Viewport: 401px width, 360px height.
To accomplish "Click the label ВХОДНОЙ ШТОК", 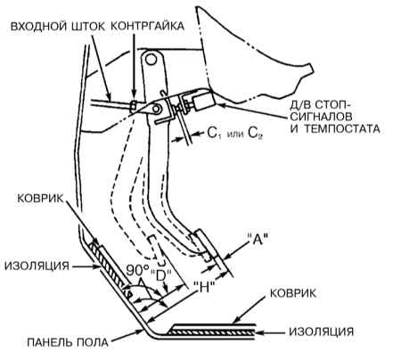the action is [58, 26].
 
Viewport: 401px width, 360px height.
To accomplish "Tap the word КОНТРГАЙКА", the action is [148, 26].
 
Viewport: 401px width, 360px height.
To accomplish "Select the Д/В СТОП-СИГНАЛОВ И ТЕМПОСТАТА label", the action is [335, 117].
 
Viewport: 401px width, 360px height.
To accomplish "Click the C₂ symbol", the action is [256, 134].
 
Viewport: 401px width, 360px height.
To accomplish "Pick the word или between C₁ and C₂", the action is [235, 135].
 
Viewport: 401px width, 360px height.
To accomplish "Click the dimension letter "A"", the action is [258, 239].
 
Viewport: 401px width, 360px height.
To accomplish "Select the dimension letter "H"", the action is [204, 288].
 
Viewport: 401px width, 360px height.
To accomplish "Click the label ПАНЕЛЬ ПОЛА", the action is [68, 342].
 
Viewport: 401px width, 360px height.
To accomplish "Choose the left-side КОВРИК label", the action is [40, 199].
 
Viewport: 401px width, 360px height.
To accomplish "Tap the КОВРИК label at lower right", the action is [293, 293].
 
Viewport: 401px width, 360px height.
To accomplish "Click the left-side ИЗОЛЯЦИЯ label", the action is [37, 266].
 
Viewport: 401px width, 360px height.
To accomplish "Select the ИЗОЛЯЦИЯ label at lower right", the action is [322, 331].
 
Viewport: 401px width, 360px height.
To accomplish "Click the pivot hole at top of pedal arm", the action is [151, 59].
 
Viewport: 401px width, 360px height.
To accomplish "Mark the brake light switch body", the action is [203, 100].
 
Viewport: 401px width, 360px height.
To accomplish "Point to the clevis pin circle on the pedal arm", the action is [156, 110].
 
